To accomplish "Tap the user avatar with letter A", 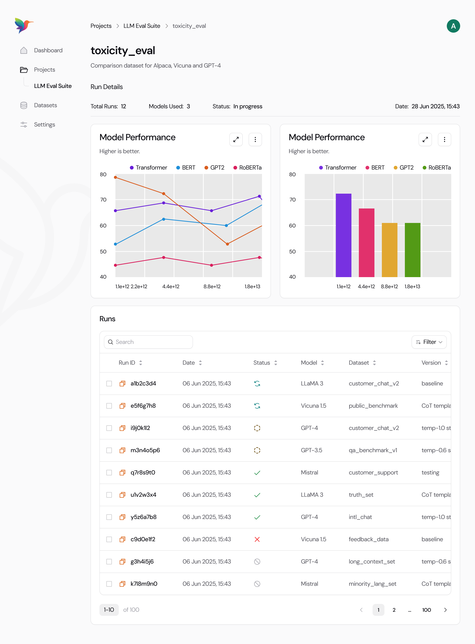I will [453, 26].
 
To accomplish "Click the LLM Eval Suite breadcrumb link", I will [142, 26].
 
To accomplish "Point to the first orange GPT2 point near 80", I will [115, 177].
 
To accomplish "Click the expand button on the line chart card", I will [236, 140].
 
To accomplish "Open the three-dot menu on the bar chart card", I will [444, 140].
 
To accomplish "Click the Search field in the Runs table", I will [148, 342].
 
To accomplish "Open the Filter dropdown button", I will [429, 342].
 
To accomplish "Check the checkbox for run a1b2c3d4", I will [109, 384].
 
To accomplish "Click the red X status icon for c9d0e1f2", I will [257, 539].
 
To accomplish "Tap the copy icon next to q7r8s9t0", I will [122, 473].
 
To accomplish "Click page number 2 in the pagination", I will [394, 610].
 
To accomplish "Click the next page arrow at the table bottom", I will [445, 610].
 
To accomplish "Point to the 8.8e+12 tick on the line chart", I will [212, 287].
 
